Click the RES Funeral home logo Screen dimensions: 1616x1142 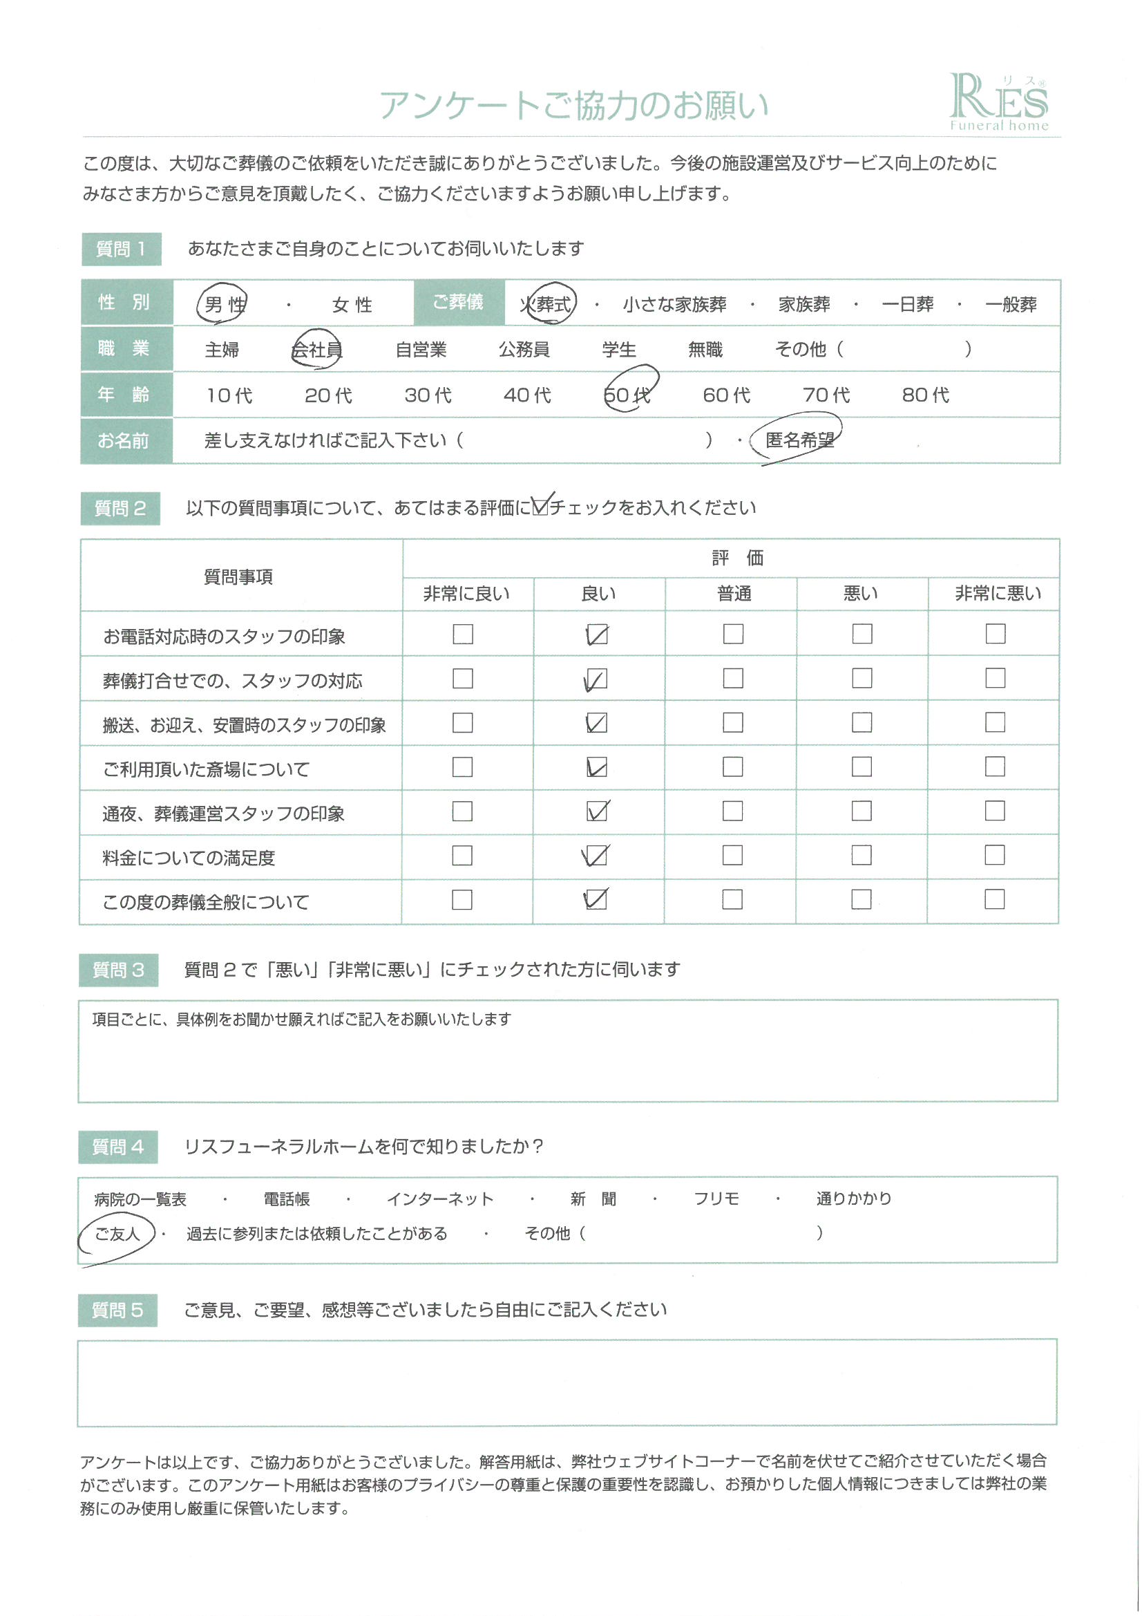[998, 103]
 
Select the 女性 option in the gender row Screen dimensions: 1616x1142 [352, 305]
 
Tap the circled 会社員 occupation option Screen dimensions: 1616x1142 [317, 349]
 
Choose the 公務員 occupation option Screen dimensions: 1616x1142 [524, 349]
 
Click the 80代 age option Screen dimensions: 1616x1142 [925, 395]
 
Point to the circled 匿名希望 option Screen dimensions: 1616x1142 [799, 440]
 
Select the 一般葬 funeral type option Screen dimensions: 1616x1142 [1011, 305]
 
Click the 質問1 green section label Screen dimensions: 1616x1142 [122, 249]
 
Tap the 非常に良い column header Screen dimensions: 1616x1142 [466, 594]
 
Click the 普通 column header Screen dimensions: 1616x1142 [734, 594]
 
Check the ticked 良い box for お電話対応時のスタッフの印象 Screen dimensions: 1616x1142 [597, 635]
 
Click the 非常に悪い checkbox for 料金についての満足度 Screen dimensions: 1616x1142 [994, 855]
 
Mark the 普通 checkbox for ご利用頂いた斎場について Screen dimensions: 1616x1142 [732, 767]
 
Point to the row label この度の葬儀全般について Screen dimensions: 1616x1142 [206, 902]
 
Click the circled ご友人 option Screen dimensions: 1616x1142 [117, 1234]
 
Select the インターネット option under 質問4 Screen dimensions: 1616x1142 [440, 1199]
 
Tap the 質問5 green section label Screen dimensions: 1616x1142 [117, 1310]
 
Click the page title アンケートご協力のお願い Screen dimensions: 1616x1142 [573, 106]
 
